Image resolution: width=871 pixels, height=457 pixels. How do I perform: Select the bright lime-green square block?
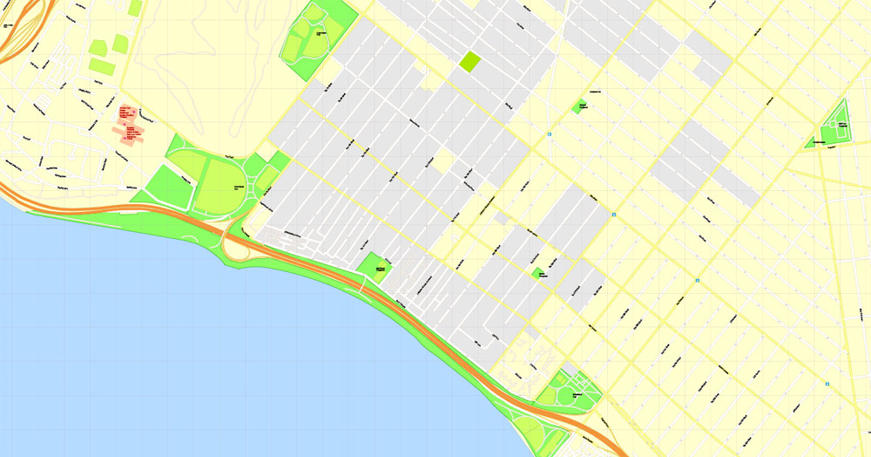(x=470, y=62)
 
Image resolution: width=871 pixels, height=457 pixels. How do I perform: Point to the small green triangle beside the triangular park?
(x=811, y=141)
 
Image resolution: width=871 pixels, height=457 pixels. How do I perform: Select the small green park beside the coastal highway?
(x=375, y=266)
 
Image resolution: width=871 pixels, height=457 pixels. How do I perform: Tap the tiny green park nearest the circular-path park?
(x=539, y=273)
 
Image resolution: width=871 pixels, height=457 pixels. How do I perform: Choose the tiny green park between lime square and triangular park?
(x=580, y=106)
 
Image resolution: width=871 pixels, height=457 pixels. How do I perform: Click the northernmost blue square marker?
(x=550, y=134)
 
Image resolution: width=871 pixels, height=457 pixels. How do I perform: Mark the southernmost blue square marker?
(x=827, y=383)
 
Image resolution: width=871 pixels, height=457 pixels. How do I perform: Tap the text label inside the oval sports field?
(x=237, y=187)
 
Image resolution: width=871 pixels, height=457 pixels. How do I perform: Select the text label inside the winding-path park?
(x=321, y=33)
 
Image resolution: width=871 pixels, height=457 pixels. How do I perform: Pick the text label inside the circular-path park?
(x=575, y=395)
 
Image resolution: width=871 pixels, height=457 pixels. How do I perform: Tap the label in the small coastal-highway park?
(x=381, y=269)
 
